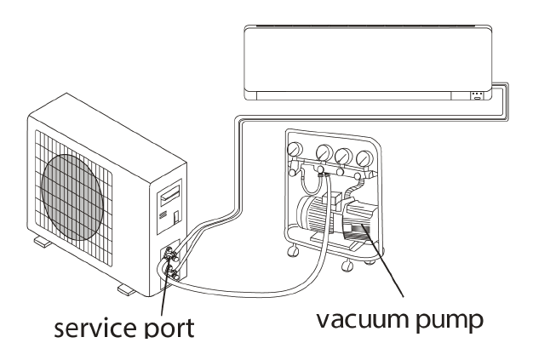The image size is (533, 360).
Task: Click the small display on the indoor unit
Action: (x=476, y=94)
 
